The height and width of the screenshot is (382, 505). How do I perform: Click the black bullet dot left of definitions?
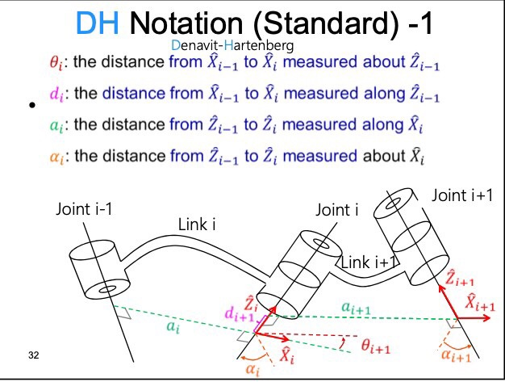coord(31,107)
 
